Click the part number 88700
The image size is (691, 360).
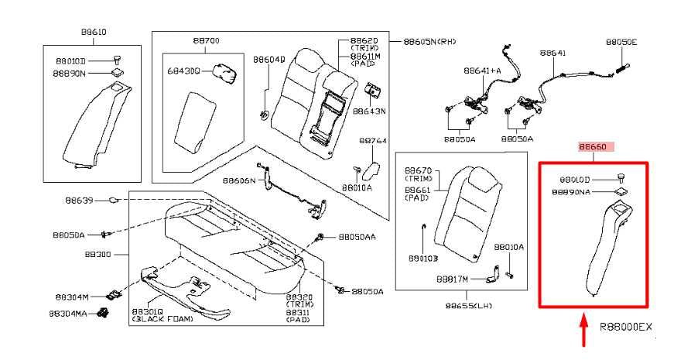(206, 40)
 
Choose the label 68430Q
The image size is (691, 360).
(183, 70)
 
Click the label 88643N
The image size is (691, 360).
(369, 111)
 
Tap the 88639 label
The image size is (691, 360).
(79, 201)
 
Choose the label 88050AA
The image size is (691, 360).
(357, 237)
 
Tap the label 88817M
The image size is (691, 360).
(452, 277)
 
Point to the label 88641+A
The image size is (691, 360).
(482, 70)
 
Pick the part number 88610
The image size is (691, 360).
(93, 33)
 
